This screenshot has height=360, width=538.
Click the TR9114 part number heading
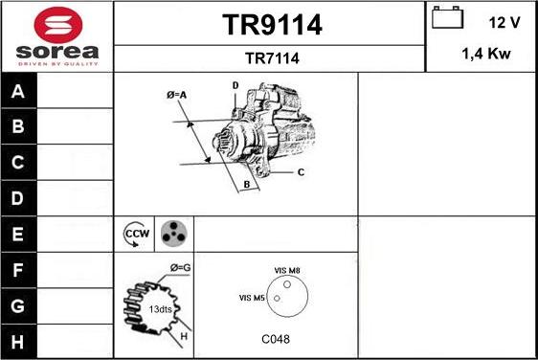tap(272, 26)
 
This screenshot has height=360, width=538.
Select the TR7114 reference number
tap(272, 58)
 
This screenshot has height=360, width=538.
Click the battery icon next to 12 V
tap(448, 17)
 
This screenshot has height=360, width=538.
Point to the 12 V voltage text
tap(504, 21)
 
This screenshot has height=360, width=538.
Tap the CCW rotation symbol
tap(137, 233)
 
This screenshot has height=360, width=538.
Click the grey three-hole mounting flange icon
tap(173, 233)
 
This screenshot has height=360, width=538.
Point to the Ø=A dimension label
tap(177, 95)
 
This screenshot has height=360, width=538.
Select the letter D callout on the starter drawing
tap(235, 86)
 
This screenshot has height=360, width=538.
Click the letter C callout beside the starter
tap(300, 172)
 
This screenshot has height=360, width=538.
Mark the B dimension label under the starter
tap(246, 184)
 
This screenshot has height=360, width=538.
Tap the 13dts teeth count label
tap(161, 308)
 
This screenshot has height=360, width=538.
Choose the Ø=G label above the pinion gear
tap(180, 267)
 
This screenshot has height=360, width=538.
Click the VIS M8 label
tap(287, 271)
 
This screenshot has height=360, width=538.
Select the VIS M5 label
tap(252, 299)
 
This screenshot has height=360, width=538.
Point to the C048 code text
tap(276, 339)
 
